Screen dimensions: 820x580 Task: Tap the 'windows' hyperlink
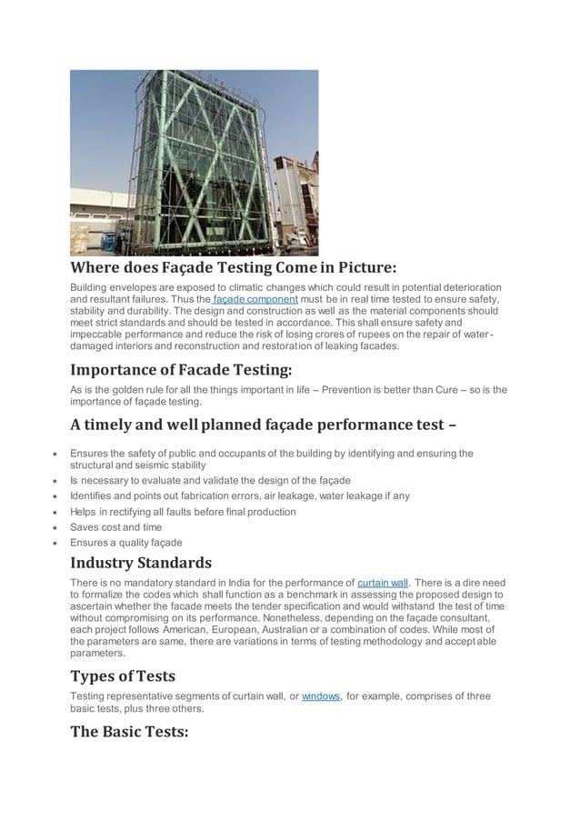(320, 696)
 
